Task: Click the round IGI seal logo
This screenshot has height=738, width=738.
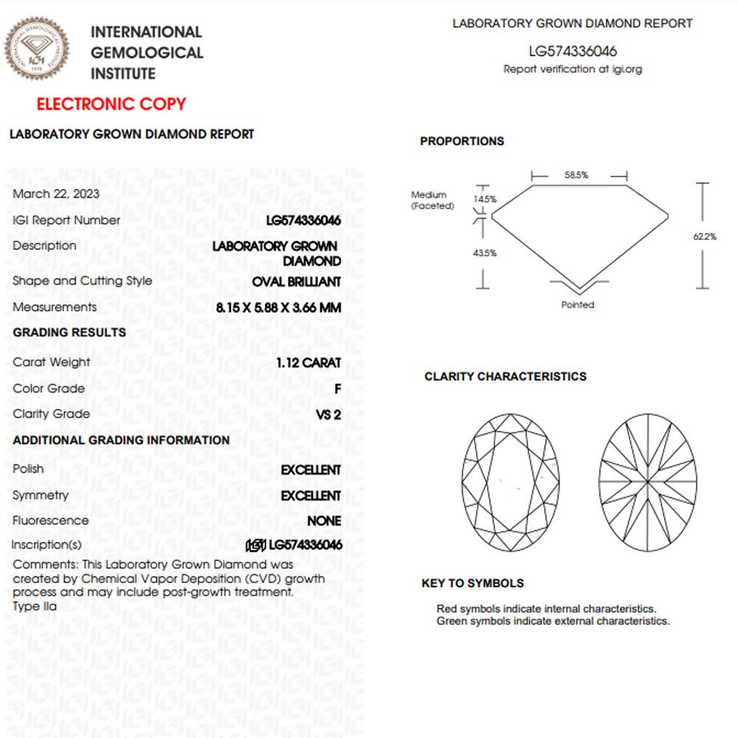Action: [38, 49]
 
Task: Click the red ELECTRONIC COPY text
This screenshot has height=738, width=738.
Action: [111, 104]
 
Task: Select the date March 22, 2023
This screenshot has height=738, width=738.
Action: [56, 194]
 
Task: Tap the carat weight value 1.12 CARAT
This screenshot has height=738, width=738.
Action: [308, 362]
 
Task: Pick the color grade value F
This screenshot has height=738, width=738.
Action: [337, 389]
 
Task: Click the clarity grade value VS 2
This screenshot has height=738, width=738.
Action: [328, 415]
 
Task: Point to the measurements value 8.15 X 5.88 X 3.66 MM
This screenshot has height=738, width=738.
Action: [279, 307]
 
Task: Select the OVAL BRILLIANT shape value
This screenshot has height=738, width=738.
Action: [297, 281]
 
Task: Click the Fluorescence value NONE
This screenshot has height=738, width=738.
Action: [324, 521]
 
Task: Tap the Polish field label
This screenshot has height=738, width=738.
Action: [28, 469]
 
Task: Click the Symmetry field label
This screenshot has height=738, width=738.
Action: [41, 495]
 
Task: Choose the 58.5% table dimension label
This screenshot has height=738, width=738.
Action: [576, 176]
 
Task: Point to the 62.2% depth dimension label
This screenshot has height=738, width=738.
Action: [705, 236]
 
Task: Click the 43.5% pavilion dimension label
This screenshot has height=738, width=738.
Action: [485, 253]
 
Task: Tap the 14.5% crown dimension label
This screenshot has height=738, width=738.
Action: [486, 199]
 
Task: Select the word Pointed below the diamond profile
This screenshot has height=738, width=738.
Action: [578, 304]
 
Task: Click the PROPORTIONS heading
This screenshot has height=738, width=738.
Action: [462, 141]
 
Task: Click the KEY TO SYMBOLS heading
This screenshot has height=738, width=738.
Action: [472, 583]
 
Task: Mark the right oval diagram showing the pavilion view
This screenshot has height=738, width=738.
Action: [648, 482]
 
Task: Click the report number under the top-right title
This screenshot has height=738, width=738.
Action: [573, 52]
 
